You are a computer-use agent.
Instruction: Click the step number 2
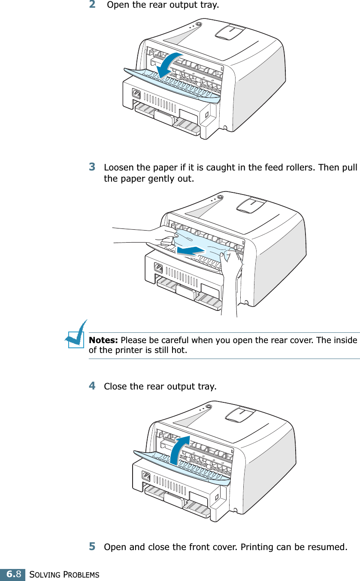[92, 5]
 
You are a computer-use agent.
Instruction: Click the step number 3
[92, 166]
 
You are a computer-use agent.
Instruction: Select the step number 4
[92, 386]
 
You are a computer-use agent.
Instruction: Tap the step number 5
[92, 547]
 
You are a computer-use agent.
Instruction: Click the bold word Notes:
[103, 341]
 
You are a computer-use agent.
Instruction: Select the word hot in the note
[179, 350]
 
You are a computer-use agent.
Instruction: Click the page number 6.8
[12, 574]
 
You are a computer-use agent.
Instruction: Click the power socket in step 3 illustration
[158, 268]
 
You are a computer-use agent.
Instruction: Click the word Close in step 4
[115, 386]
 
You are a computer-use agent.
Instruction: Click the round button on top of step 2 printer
[198, 24]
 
